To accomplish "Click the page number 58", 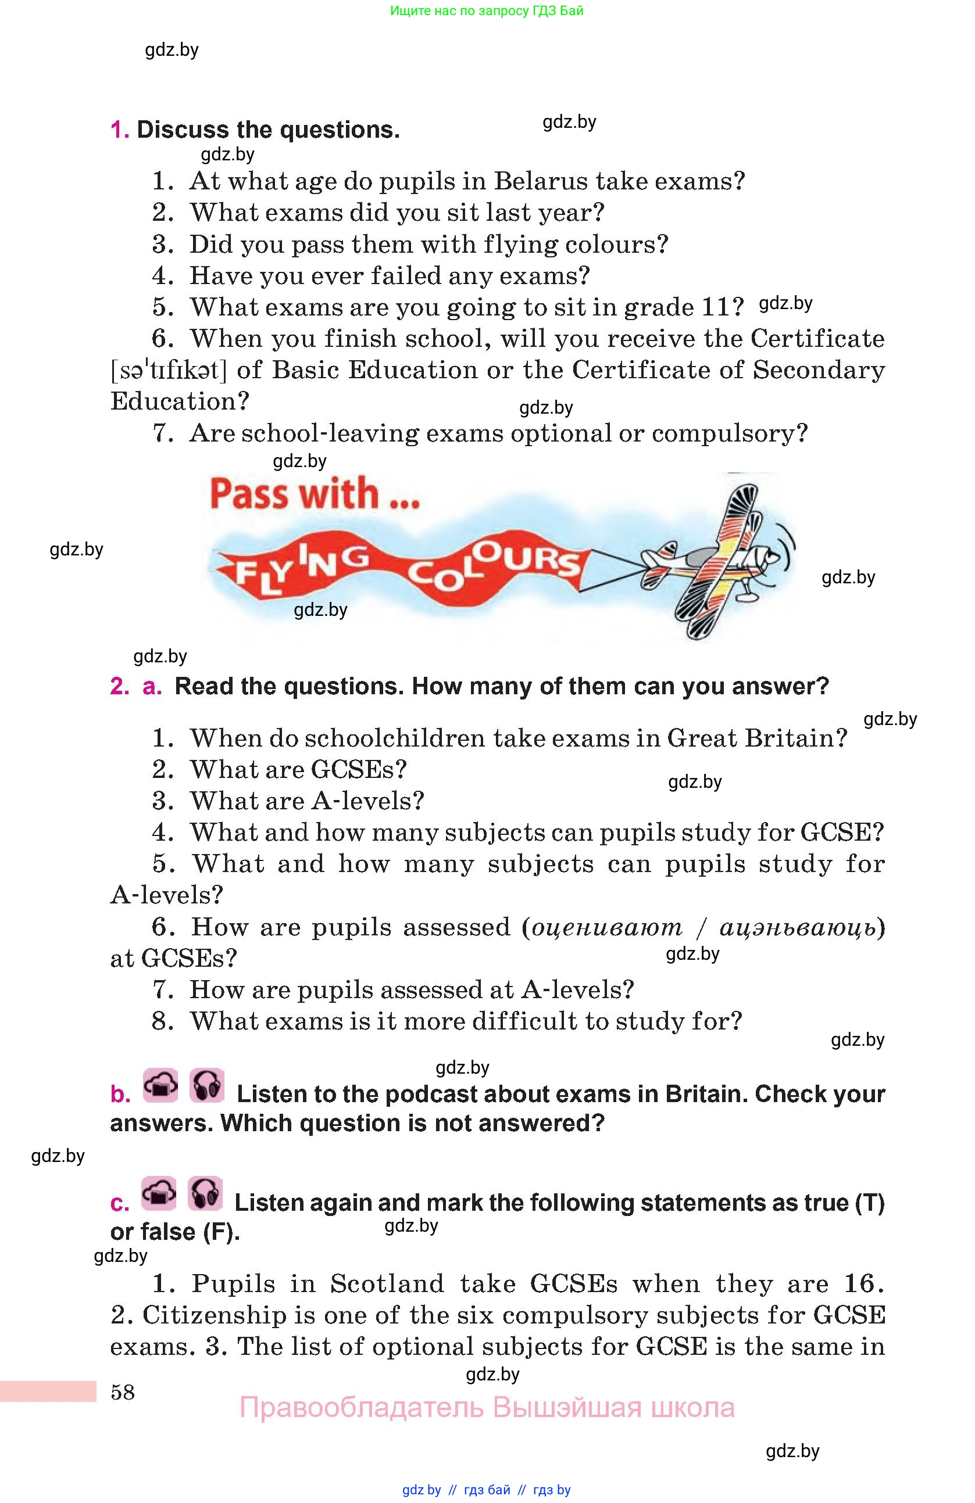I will click(123, 1392).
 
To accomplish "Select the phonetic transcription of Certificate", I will click(168, 371).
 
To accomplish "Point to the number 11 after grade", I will click(723, 307).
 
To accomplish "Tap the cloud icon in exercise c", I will click(159, 1193).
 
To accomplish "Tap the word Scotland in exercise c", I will click(387, 1284).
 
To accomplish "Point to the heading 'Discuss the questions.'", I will click(268, 130).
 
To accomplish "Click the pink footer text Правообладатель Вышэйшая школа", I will click(487, 1408).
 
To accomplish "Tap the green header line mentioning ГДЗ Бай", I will click(487, 10).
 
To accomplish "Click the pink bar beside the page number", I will click(48, 1391).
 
